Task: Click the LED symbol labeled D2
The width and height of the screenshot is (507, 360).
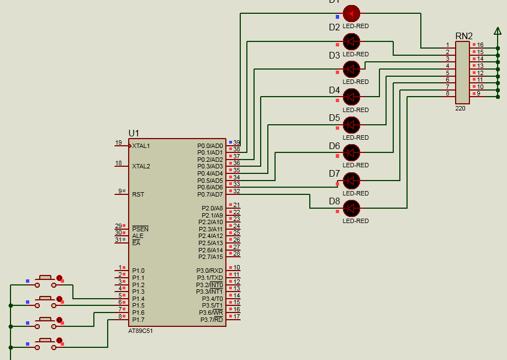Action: pyautogui.click(x=351, y=41)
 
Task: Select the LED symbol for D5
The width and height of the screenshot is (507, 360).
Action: pyautogui.click(x=351, y=124)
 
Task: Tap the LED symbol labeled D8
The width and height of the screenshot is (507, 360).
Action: pyautogui.click(x=351, y=208)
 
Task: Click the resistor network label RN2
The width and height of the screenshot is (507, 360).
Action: pyautogui.click(x=464, y=36)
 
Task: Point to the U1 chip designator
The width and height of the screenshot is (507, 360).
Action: pyautogui.click(x=134, y=133)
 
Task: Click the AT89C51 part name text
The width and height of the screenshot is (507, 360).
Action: pyautogui.click(x=140, y=331)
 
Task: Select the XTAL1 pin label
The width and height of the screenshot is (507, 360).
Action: pyautogui.click(x=141, y=146)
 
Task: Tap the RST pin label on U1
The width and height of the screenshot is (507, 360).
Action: pyautogui.click(x=138, y=194)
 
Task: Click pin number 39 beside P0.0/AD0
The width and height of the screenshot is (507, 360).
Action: pyautogui.click(x=236, y=142)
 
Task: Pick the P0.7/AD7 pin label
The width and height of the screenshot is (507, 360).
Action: pyautogui.click(x=210, y=194)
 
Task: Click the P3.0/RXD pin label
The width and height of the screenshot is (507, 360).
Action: pyautogui.click(x=210, y=271)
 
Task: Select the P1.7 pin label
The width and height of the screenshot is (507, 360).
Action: pyautogui.click(x=138, y=320)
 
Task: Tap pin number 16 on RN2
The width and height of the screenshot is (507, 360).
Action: pyautogui.click(x=480, y=45)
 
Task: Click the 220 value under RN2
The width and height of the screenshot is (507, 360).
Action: pyautogui.click(x=460, y=108)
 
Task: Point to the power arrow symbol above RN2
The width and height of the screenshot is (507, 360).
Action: pyautogui.click(x=498, y=30)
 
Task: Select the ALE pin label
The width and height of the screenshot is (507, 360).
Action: pyautogui.click(x=138, y=236)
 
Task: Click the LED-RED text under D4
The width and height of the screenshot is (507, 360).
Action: pyautogui.click(x=356, y=110)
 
